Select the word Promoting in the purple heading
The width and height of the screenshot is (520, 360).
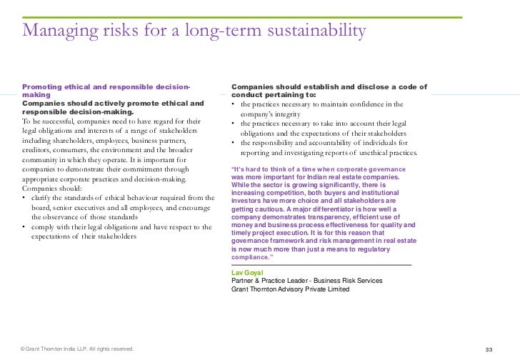[x=44, y=87]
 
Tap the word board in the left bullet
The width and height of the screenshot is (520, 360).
[x=43, y=206]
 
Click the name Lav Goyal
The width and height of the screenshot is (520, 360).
[x=248, y=273]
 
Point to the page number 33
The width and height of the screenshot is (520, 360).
[x=489, y=349]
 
